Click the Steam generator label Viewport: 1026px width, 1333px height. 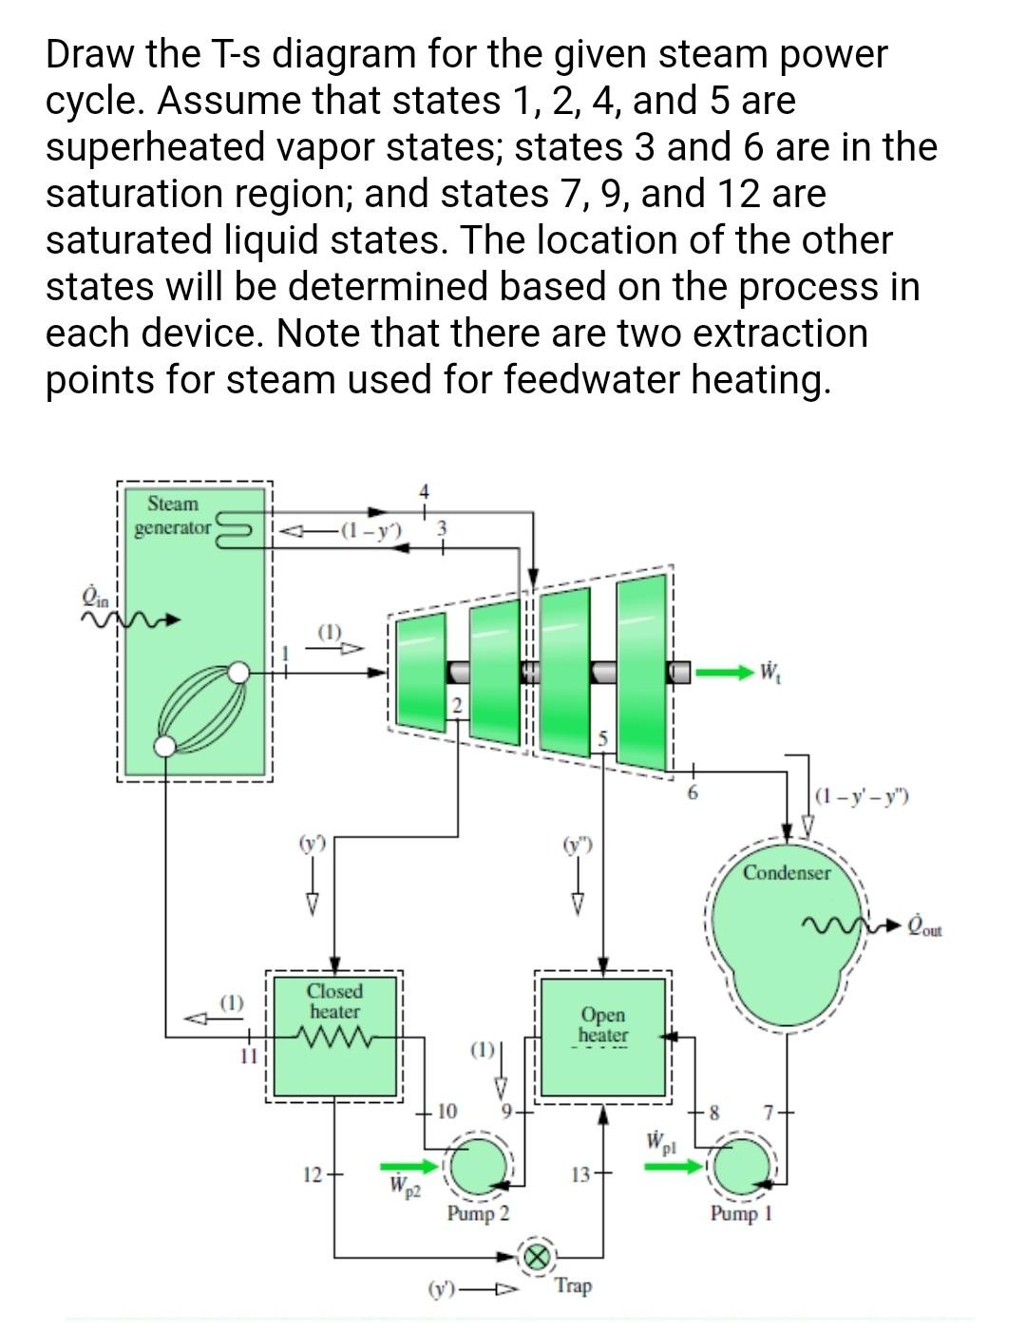point(173,515)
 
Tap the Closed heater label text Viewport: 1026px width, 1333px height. point(334,1001)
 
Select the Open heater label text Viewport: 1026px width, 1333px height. point(603,1024)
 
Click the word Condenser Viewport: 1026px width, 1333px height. point(787,872)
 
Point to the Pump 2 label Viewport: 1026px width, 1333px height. point(478,1214)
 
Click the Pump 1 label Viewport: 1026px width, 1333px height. point(741,1214)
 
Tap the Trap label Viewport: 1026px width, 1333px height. point(573,1286)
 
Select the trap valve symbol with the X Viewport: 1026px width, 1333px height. point(535,1256)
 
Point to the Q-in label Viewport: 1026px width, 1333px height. point(98,596)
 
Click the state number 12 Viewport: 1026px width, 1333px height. point(312,1175)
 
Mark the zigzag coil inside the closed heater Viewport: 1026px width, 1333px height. point(334,1034)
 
